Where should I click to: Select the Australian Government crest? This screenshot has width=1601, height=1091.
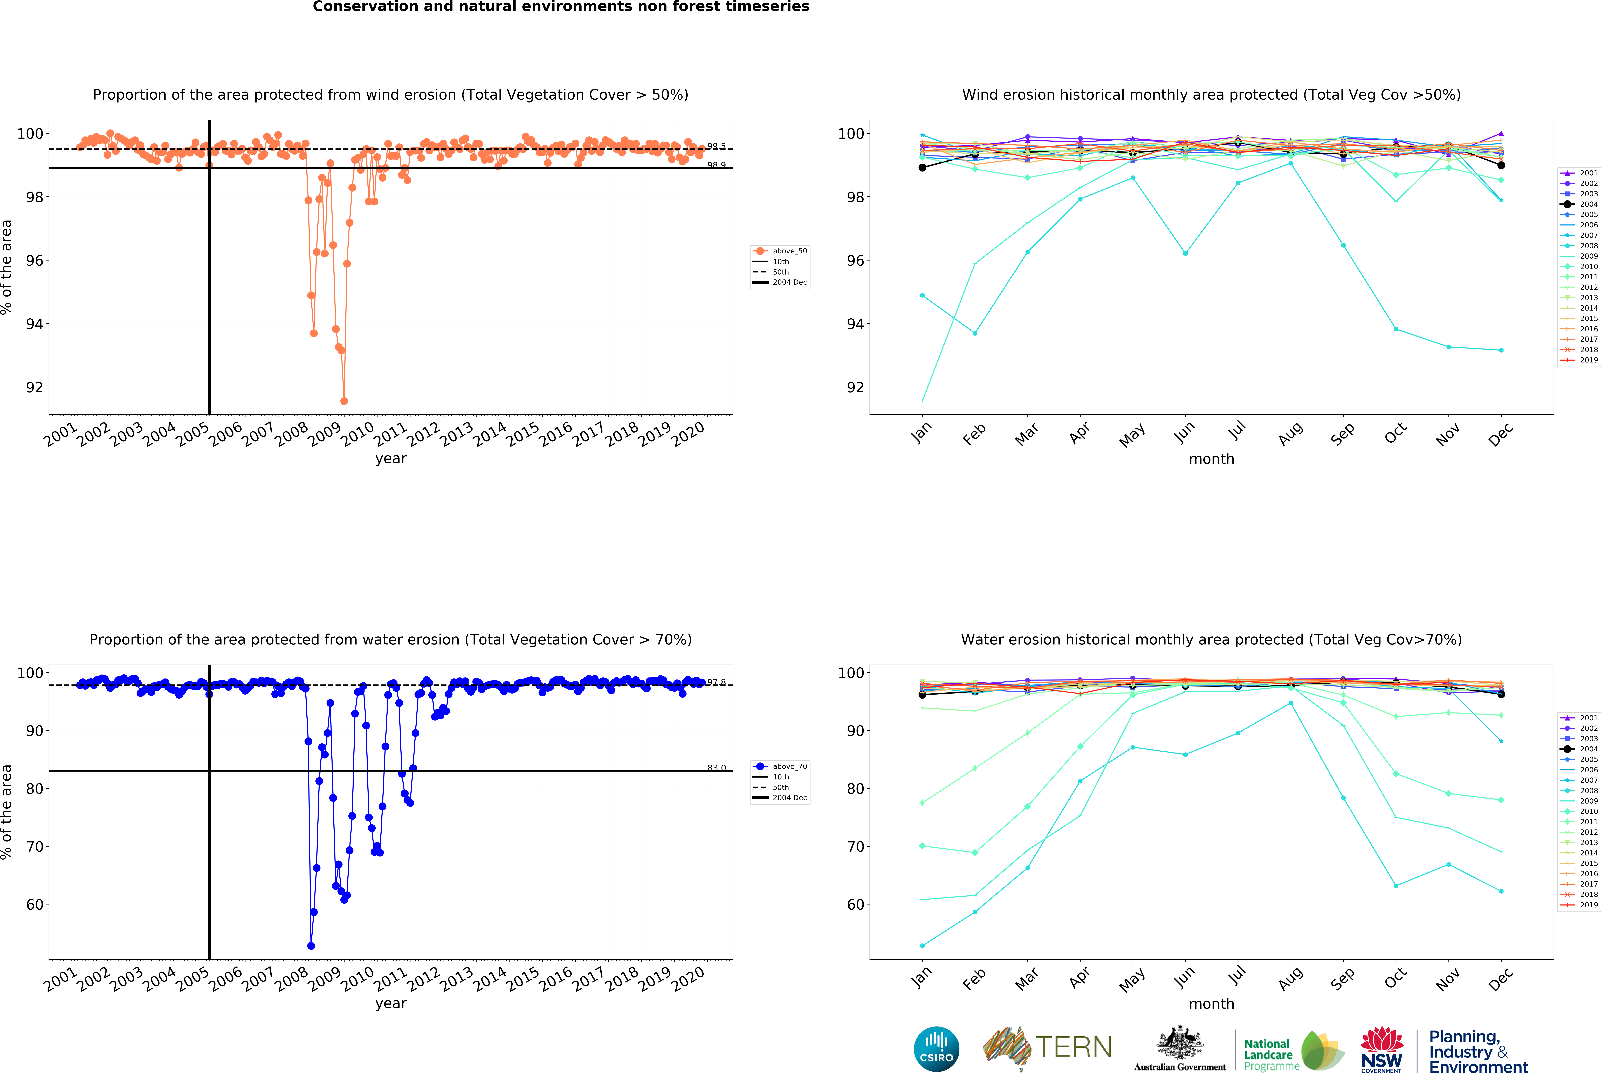[1180, 1044]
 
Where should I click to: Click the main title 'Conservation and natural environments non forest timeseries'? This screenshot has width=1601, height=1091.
[561, 7]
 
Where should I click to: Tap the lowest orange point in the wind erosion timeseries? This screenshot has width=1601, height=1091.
[344, 401]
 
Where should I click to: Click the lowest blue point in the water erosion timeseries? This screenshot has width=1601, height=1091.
[311, 946]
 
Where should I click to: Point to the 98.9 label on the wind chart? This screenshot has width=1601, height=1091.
[716, 165]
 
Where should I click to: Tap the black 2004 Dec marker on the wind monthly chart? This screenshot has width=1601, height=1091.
[1501, 165]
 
